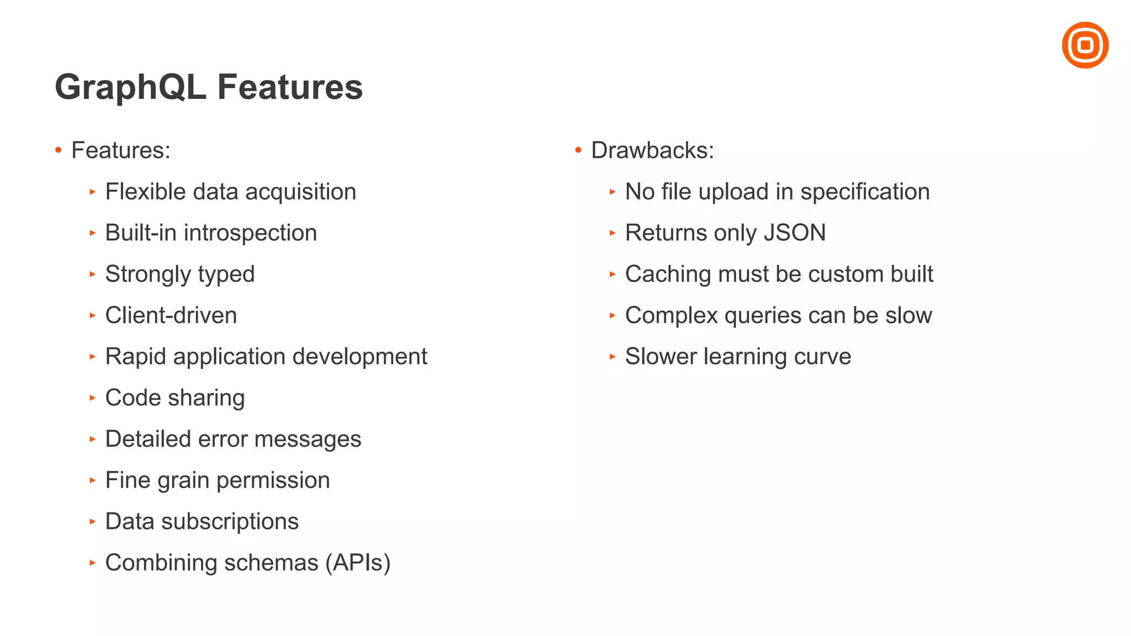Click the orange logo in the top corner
(1085, 45)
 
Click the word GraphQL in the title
(130, 87)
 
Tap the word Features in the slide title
(289, 87)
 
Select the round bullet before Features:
(59, 150)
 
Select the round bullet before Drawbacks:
(578, 150)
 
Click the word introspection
(250, 233)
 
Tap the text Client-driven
(171, 315)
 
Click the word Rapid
(135, 357)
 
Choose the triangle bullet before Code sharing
(92, 397)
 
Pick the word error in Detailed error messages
(223, 439)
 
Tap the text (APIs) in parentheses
(357, 563)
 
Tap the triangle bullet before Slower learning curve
(612, 357)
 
